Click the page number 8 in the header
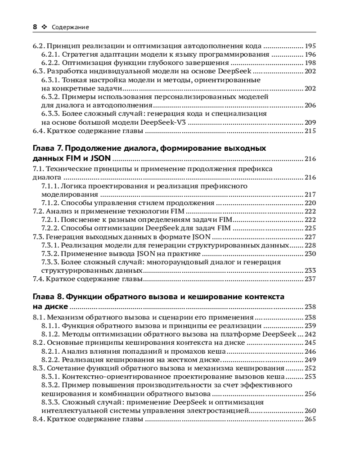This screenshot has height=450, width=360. pos(35,27)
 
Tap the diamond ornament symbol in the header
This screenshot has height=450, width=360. pos(44,27)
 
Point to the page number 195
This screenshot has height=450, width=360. pos(310,46)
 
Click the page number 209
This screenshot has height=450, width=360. pos(310,122)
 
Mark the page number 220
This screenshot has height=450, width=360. pos(310,203)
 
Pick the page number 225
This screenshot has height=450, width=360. pos(310,228)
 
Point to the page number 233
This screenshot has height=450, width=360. pos(310,270)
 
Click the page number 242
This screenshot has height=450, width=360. pos(310,334)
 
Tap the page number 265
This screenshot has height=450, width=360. pos(310,419)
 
